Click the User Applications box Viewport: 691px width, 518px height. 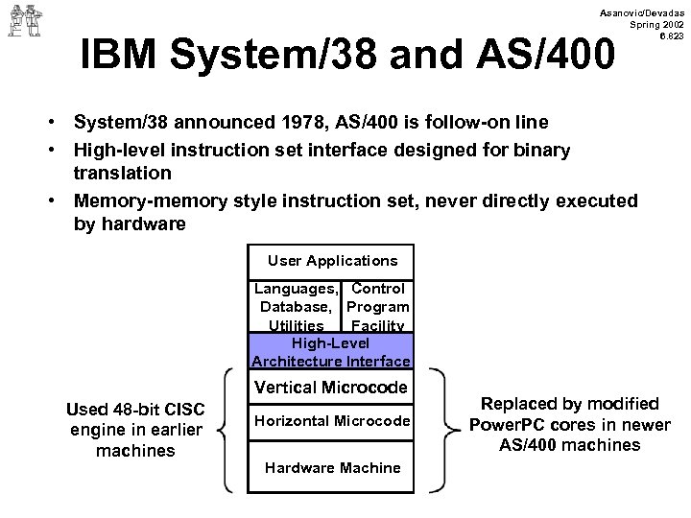[x=331, y=260]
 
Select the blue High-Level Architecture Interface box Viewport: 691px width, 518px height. [x=331, y=351]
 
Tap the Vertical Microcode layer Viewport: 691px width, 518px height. [x=331, y=388]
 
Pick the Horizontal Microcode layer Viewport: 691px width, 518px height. [x=331, y=421]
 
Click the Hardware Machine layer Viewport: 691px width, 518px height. [x=331, y=467]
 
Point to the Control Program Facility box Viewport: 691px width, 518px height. [x=378, y=307]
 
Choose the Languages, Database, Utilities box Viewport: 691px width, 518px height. [x=296, y=307]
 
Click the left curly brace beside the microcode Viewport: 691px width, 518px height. [x=224, y=429]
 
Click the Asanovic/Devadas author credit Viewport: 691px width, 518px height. [x=641, y=9]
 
